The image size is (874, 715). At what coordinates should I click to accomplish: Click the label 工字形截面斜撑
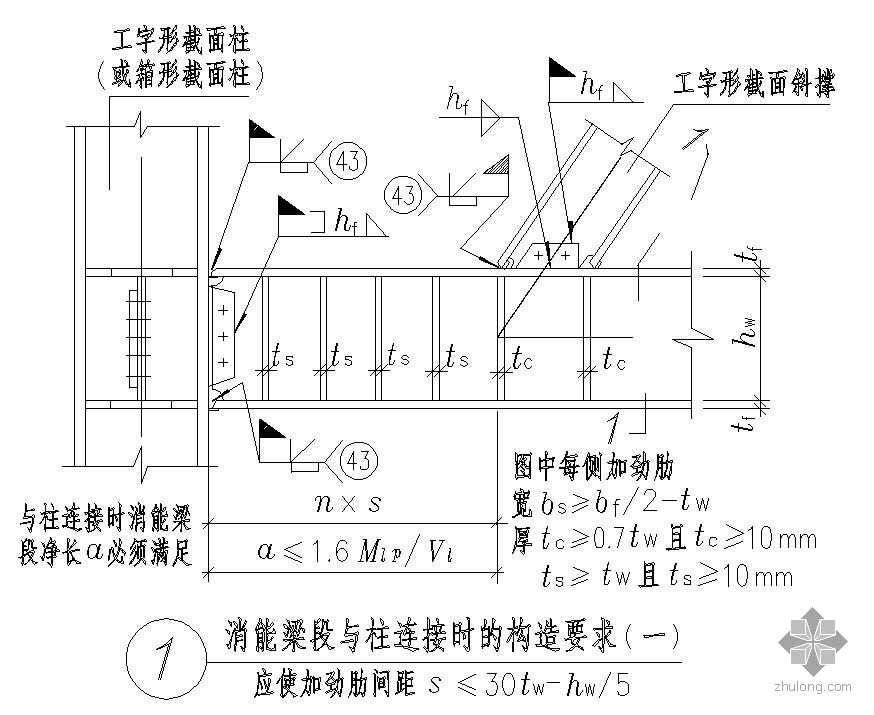754,85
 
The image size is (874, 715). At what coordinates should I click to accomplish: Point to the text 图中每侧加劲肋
592,466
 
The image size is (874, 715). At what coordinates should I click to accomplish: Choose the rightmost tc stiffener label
614,359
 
